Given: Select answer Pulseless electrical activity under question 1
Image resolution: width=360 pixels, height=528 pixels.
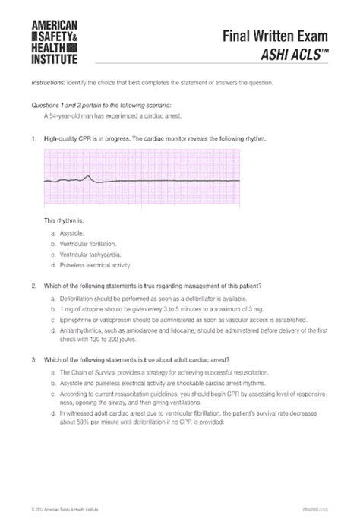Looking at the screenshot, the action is coord(95,266).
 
